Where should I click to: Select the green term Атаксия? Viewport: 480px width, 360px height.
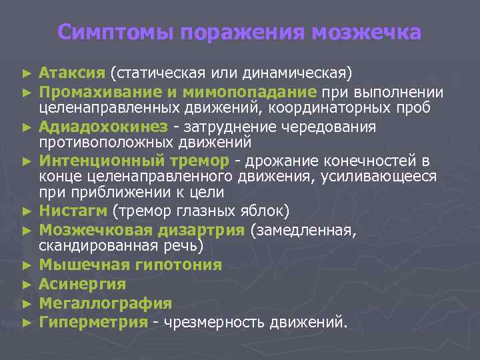click(72, 72)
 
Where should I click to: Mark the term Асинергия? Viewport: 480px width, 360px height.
click(82, 284)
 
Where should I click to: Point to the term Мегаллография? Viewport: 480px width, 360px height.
click(105, 303)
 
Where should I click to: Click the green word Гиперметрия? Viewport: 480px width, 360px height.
click(93, 323)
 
